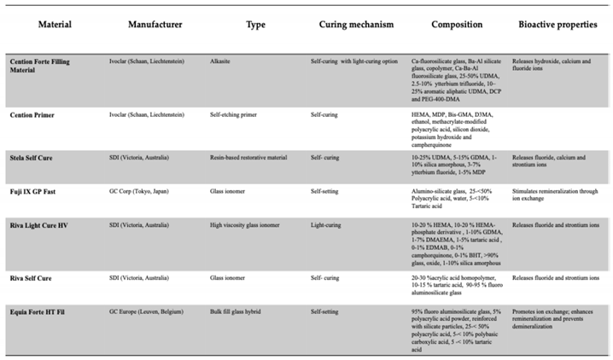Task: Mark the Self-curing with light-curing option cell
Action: click(x=352, y=62)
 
